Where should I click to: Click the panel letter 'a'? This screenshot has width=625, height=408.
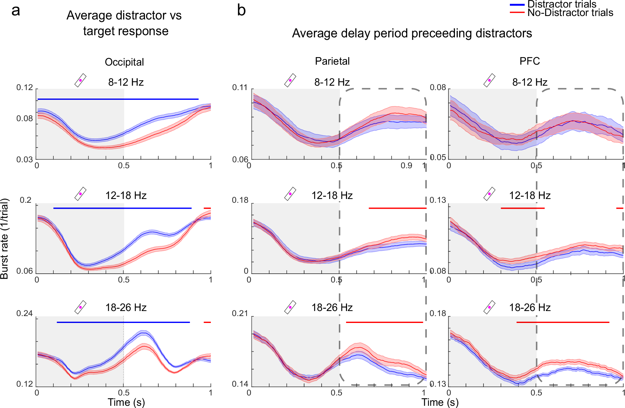point(16,11)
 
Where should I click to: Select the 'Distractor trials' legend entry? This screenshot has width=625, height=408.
point(561,4)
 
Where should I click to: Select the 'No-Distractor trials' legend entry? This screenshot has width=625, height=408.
point(570,13)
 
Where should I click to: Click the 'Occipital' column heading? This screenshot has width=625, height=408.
point(124,62)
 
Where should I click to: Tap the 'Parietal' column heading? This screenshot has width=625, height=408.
point(332,61)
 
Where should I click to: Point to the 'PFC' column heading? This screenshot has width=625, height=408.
point(530,61)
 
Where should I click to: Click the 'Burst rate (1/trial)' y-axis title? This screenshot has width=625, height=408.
point(5,239)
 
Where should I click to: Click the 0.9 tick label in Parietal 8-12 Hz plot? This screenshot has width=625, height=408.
point(406,166)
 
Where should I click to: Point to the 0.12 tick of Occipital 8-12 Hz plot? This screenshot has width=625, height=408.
point(24,88)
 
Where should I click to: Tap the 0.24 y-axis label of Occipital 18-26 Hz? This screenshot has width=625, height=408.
point(24,314)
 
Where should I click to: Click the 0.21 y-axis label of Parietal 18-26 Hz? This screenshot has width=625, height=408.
point(240,314)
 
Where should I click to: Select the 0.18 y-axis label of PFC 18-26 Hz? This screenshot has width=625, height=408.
point(438,314)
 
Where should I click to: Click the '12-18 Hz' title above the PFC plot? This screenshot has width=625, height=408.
point(530,196)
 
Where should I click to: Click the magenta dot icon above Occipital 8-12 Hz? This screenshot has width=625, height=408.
point(80,80)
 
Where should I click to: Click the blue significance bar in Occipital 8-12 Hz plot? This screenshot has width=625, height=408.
point(118,99)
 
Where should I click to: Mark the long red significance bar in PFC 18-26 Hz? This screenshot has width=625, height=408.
point(563,322)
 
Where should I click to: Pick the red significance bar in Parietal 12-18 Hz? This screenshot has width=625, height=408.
point(398,208)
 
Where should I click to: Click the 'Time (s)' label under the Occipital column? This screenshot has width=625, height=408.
point(126,402)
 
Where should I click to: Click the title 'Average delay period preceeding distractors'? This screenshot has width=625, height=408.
point(412,33)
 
